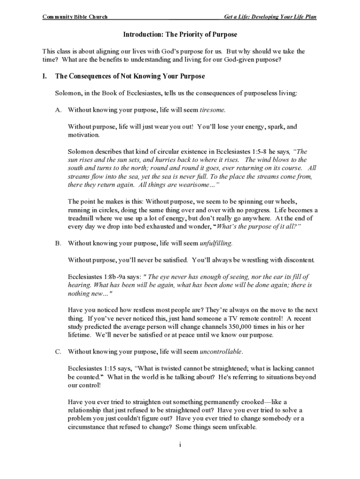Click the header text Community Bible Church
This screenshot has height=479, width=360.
75,17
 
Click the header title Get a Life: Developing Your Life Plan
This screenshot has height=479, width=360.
270,17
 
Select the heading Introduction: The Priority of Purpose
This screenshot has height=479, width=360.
180,35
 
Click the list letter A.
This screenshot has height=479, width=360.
58,110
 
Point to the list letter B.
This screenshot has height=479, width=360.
58,243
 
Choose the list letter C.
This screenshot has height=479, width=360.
58,352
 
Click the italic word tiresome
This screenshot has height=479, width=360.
212,110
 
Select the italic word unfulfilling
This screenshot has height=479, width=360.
216,243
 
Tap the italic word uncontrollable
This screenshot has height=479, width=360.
221,352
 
